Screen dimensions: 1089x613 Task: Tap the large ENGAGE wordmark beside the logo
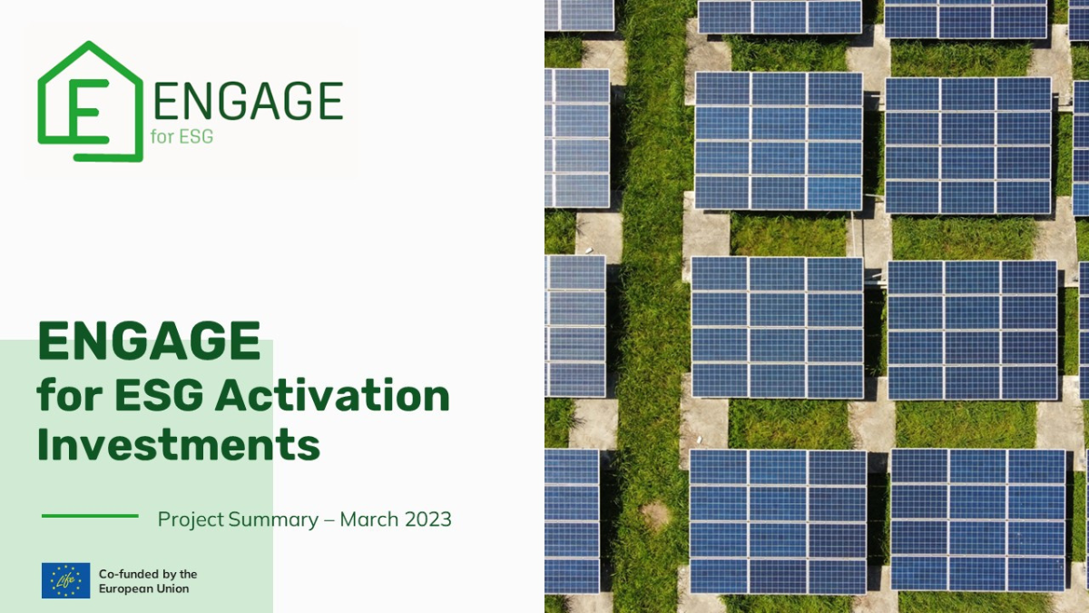[249, 101]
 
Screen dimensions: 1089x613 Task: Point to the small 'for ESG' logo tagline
[181, 137]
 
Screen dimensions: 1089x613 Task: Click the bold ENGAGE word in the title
[149, 341]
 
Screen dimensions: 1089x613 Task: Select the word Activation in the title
[332, 395]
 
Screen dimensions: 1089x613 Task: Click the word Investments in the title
[179, 444]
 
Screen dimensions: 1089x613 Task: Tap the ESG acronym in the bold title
[159, 396]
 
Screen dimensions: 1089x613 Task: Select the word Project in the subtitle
[191, 520]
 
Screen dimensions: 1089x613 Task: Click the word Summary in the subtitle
[273, 520]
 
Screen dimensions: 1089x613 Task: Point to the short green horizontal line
[90, 516]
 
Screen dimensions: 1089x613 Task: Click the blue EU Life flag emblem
[65, 580]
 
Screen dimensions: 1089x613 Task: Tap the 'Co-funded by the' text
[148, 574]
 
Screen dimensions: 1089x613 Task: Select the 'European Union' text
[144, 589]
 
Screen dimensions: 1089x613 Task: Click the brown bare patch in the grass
[655, 515]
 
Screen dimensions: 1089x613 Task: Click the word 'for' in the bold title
[70, 395]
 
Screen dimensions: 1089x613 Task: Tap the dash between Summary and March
[329, 520]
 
